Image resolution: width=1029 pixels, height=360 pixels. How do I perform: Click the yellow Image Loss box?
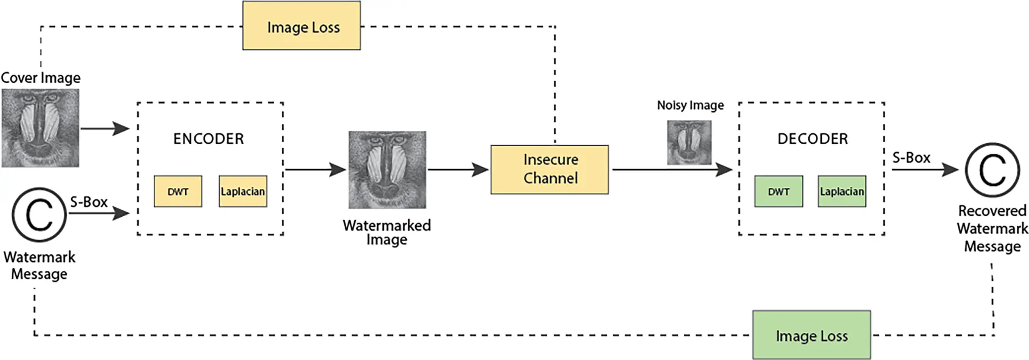[x=302, y=26]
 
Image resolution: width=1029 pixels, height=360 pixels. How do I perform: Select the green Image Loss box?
[x=811, y=335]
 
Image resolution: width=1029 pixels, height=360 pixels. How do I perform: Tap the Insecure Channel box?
[x=549, y=170]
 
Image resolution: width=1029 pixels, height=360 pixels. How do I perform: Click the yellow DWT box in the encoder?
[x=178, y=191]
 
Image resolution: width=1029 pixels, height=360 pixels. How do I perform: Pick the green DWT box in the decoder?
[x=778, y=191]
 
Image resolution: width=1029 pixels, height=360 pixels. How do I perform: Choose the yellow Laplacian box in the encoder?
[x=243, y=191]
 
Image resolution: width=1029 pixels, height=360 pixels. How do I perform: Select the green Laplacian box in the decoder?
[x=842, y=191]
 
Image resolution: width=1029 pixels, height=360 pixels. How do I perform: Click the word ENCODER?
[x=208, y=139]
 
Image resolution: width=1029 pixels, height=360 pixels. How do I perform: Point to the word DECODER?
[x=812, y=139]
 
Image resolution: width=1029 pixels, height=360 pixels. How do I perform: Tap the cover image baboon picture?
[x=40, y=128]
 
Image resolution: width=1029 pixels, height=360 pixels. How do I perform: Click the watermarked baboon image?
[x=387, y=170]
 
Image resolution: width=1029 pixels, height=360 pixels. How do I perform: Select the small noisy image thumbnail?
[x=689, y=142]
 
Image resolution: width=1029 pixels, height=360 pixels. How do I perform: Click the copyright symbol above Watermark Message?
[x=39, y=214]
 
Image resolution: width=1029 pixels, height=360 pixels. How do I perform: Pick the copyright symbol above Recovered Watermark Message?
[x=992, y=170]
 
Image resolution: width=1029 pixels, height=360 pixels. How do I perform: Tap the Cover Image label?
[x=41, y=78]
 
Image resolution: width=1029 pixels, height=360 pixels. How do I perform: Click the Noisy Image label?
[x=690, y=105]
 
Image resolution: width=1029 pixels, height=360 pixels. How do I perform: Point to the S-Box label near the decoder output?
[x=911, y=158]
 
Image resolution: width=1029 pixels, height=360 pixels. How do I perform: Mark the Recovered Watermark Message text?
[x=992, y=228]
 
